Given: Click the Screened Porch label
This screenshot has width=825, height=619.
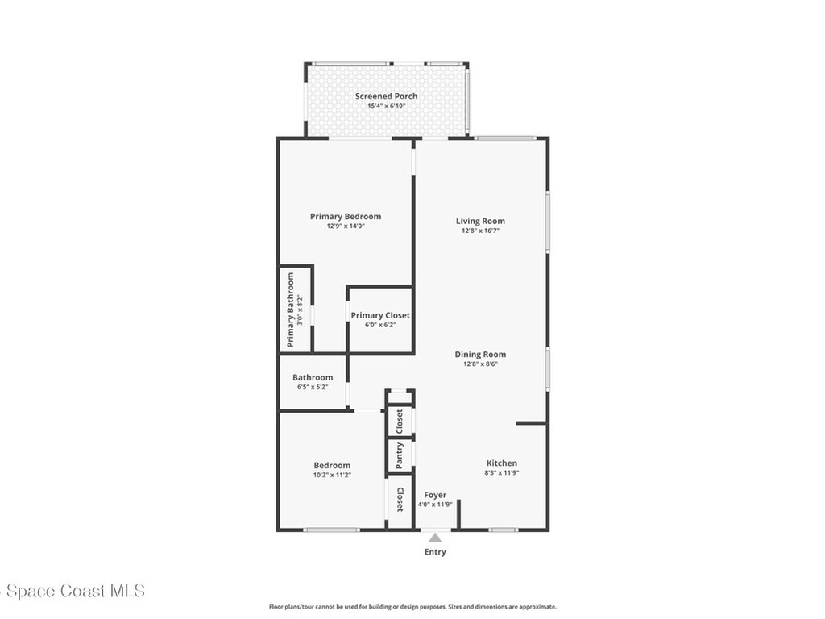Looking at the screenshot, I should pyautogui.click(x=386, y=96).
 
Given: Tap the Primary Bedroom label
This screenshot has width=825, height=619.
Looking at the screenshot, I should pyautogui.click(x=346, y=216).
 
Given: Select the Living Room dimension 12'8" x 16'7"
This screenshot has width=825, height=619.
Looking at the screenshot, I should pyautogui.click(x=480, y=231).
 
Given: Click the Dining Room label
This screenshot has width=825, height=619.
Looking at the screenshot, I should pyautogui.click(x=480, y=354).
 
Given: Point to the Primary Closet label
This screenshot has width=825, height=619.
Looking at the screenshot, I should pyautogui.click(x=380, y=315).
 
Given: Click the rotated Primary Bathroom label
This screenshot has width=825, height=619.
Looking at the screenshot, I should pyautogui.click(x=291, y=310).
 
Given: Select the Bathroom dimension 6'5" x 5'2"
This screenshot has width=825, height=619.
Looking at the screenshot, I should pyautogui.click(x=313, y=387).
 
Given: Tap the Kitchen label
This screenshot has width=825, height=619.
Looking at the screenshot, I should pyautogui.click(x=501, y=463).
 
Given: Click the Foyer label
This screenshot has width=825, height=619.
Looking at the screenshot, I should pyautogui.click(x=435, y=495).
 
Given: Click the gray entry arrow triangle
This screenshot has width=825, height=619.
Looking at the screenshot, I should pyautogui.click(x=435, y=538).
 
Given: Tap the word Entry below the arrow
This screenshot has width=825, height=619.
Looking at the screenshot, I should pyautogui.click(x=435, y=552).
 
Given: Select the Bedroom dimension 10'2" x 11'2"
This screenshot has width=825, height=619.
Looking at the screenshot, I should pyautogui.click(x=332, y=475).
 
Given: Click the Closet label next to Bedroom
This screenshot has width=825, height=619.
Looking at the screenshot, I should pyautogui.click(x=400, y=500).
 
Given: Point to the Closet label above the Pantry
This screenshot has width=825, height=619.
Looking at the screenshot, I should pyautogui.click(x=399, y=421).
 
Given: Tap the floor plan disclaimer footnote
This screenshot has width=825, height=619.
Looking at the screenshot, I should pyautogui.click(x=412, y=607).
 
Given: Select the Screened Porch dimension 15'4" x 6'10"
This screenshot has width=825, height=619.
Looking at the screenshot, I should pyautogui.click(x=386, y=106).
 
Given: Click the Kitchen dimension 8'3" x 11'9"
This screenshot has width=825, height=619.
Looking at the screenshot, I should pyautogui.click(x=501, y=472).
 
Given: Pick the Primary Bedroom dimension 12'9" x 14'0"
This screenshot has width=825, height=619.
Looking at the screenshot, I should pyautogui.click(x=346, y=226).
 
